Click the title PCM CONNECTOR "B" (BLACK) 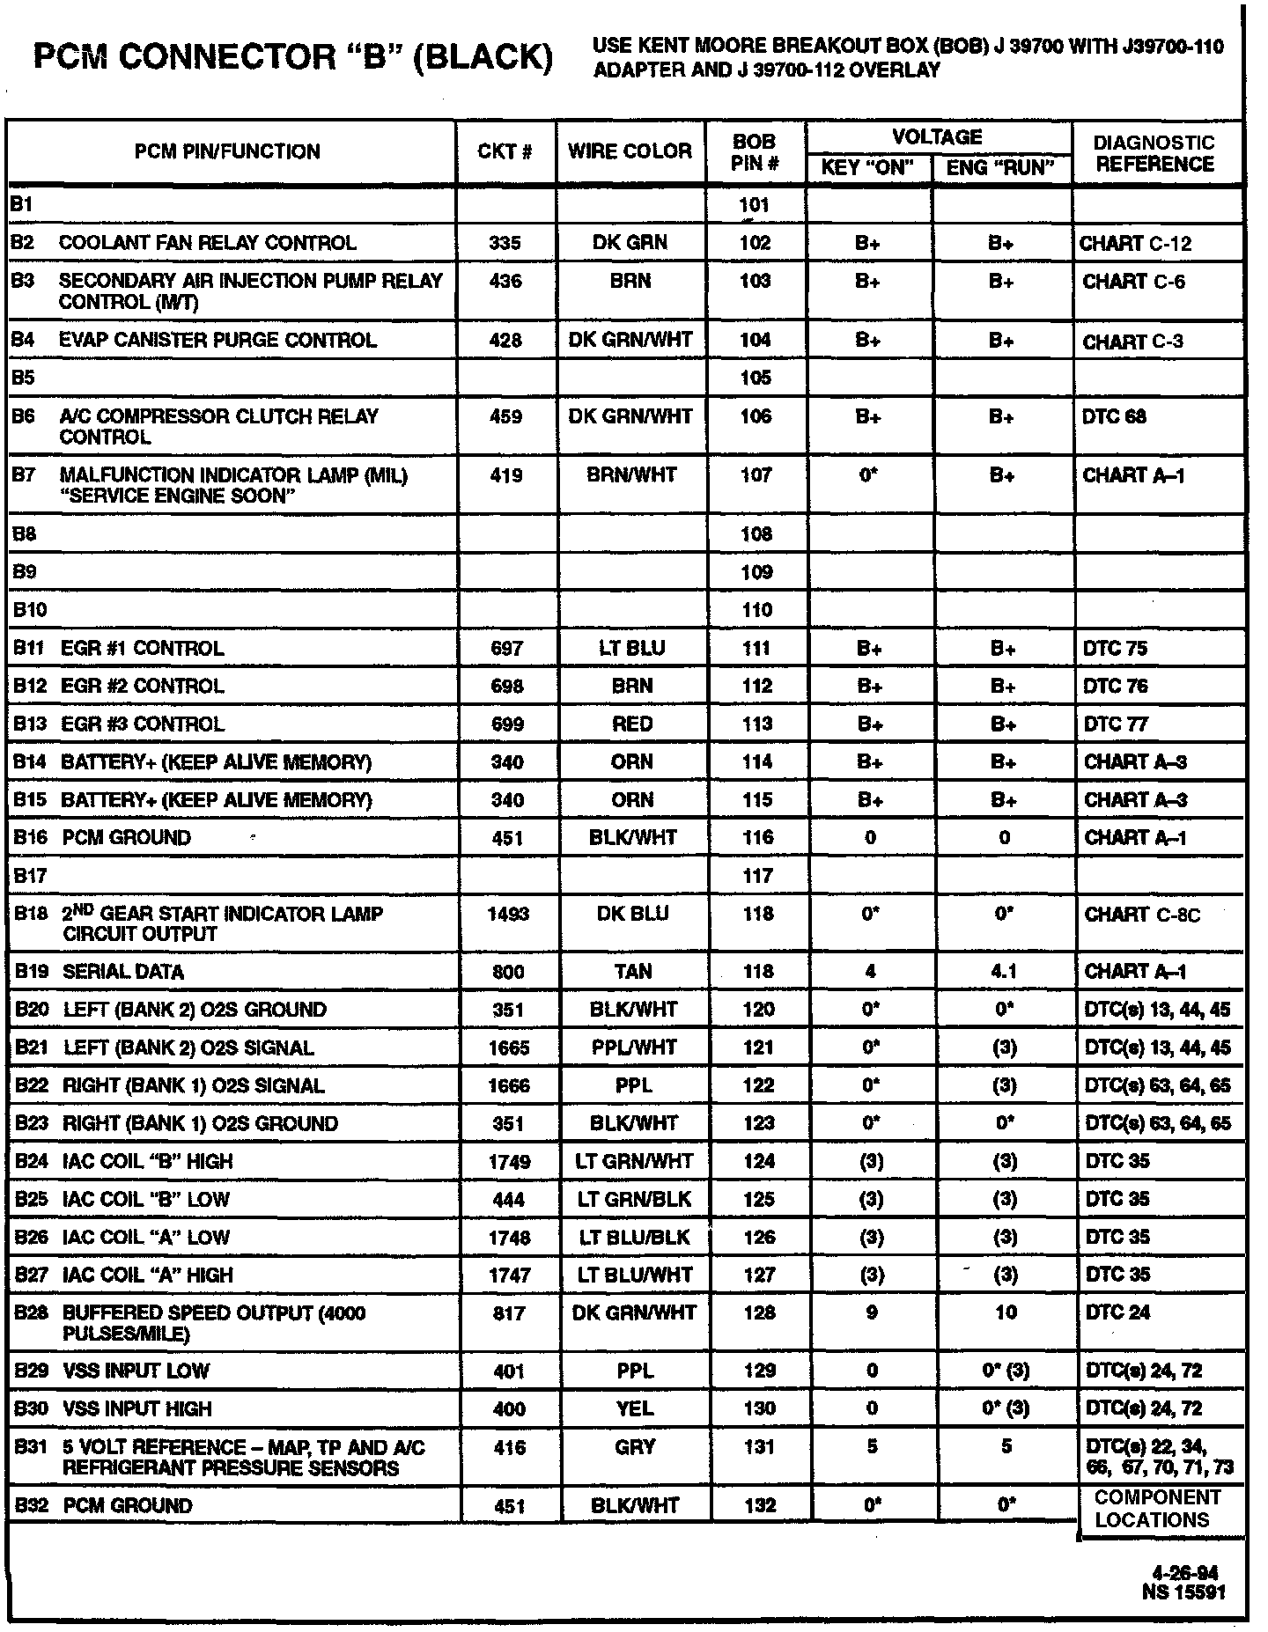pyautogui.click(x=293, y=58)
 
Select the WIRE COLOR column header pyautogui.click(x=630, y=151)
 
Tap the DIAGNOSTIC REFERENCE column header pyautogui.click(x=1154, y=153)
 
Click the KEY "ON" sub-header pyautogui.click(x=867, y=168)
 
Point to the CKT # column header pyautogui.click(x=505, y=151)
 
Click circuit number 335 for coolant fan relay pyautogui.click(x=505, y=244)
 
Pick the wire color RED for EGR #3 pyautogui.click(x=632, y=724)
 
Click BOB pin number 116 pyautogui.click(x=757, y=838)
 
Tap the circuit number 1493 pyautogui.click(x=508, y=915)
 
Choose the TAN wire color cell pyautogui.click(x=633, y=972)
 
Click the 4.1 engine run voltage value pyautogui.click(x=1004, y=972)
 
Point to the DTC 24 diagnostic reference pyautogui.click(x=1117, y=1313)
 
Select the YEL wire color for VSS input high pyautogui.click(x=635, y=1409)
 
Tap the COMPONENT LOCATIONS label pyautogui.click(x=1157, y=1509)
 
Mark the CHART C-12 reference pyautogui.click(x=1135, y=244)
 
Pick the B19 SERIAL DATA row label pyautogui.click(x=100, y=972)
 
